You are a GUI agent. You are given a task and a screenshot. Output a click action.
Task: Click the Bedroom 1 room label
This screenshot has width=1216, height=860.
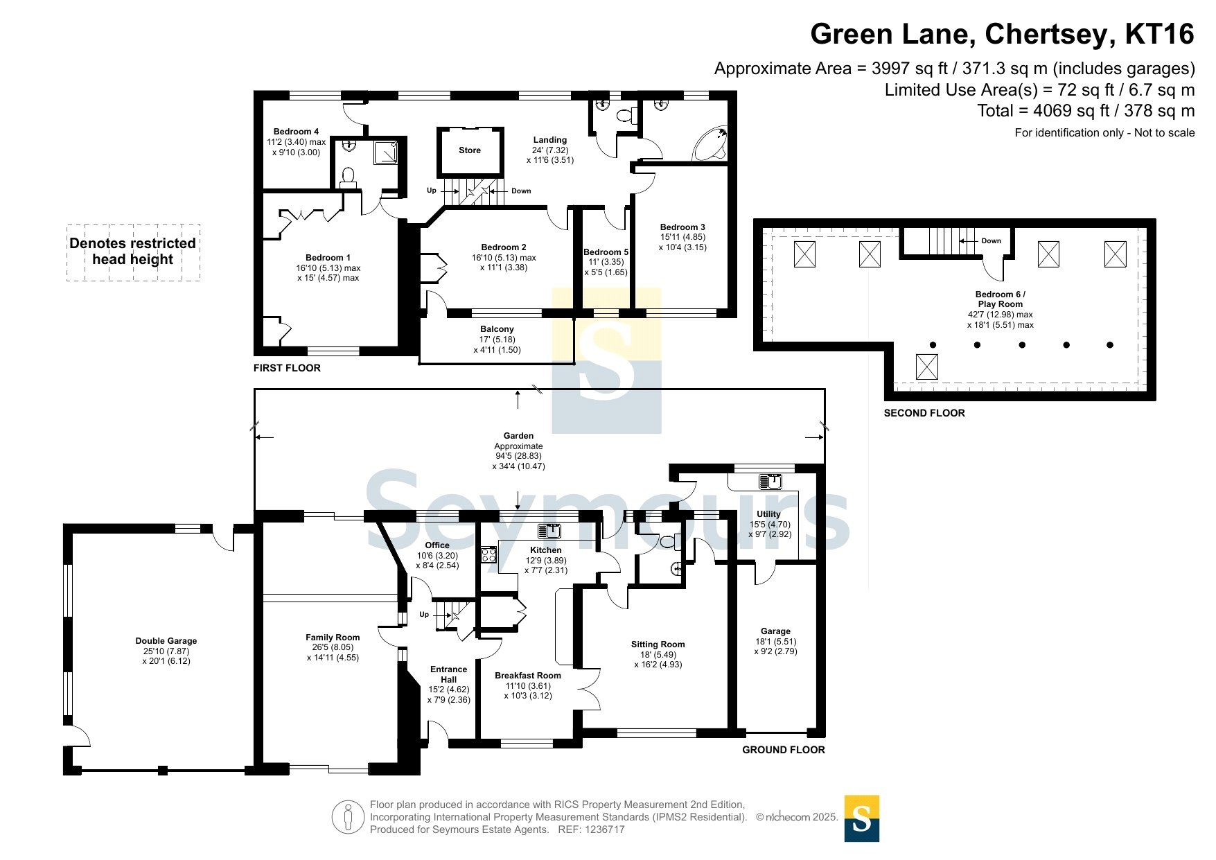click(x=328, y=258)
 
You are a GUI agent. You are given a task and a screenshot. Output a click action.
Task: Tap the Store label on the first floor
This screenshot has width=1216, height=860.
click(x=470, y=150)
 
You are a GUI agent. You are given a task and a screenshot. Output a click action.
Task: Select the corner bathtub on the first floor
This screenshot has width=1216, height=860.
click(x=711, y=143)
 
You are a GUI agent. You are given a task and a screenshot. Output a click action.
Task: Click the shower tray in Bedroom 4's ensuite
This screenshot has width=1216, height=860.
click(x=387, y=152)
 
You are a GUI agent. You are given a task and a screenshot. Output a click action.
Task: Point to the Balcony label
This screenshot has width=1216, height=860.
click(x=497, y=329)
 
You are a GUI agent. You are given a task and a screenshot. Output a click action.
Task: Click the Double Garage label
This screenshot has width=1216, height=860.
click(x=166, y=641)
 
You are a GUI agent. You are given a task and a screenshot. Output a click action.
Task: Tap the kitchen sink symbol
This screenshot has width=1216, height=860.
click(x=550, y=532)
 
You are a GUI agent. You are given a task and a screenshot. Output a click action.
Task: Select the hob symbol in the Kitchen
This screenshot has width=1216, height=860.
click(x=489, y=554)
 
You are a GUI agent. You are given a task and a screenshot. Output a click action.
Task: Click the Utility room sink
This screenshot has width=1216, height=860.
click(x=770, y=481)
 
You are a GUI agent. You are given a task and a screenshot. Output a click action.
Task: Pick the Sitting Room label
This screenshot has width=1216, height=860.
click(x=658, y=644)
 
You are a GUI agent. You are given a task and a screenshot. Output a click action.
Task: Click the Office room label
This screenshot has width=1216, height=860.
click(x=437, y=545)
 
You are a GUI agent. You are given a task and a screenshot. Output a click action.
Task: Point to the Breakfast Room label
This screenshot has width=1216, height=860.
click(x=528, y=676)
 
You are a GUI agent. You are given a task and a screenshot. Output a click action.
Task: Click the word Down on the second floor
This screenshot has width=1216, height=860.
click(x=992, y=241)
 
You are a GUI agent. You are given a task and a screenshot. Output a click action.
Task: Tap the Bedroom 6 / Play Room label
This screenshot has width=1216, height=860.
click(x=1001, y=299)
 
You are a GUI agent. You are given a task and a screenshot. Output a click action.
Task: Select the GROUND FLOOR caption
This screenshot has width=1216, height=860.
click(x=784, y=750)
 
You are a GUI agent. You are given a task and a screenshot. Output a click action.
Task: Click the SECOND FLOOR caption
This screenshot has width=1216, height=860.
click(x=924, y=413)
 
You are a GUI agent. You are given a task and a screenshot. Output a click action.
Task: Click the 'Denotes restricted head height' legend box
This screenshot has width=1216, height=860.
click(x=133, y=252)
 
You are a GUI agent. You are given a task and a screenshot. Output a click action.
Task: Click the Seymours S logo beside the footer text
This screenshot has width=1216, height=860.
click(x=862, y=818)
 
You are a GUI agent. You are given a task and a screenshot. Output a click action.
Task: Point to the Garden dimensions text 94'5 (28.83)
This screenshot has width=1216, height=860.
click(x=518, y=456)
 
